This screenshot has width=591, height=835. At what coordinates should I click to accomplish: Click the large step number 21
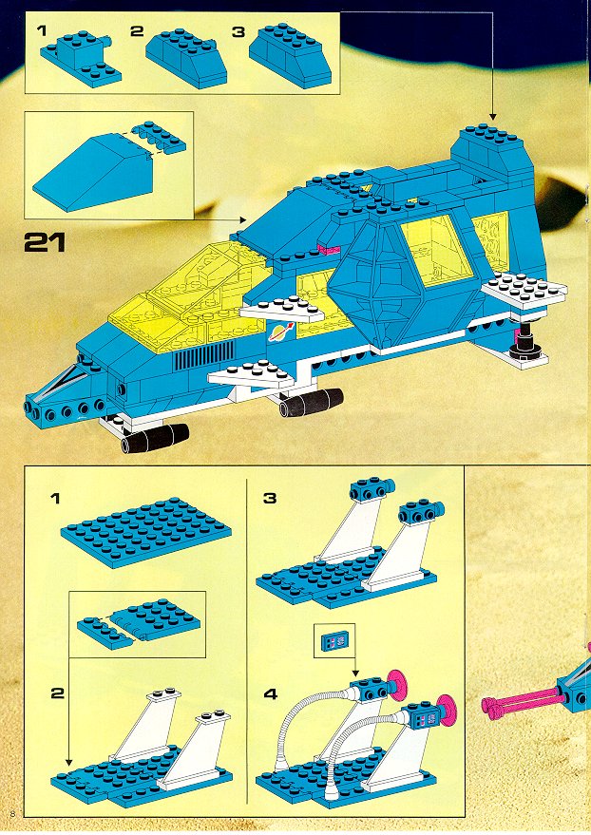(x=45, y=242)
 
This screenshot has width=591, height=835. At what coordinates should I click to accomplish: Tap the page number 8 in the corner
(x=11, y=813)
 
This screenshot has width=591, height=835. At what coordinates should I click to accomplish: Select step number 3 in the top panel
(x=238, y=31)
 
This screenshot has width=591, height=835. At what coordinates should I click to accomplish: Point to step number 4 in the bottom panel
(x=270, y=693)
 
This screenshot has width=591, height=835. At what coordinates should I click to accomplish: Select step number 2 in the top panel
(x=137, y=31)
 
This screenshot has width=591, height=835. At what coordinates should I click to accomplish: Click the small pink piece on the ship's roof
(x=329, y=248)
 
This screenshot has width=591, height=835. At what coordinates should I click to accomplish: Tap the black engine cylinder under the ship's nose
(x=152, y=438)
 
